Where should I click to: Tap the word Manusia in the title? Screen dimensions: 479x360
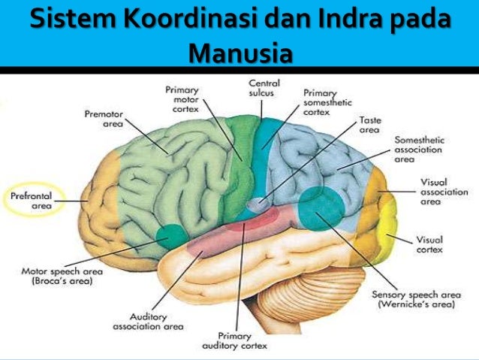pyautogui.click(x=239, y=53)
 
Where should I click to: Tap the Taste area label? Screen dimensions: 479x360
pyautogui.click(x=369, y=125)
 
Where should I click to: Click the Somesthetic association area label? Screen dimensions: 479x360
pyautogui.click(x=419, y=150)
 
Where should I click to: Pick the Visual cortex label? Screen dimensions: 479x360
pyautogui.click(x=429, y=244)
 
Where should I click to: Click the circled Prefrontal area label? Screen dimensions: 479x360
pyautogui.click(x=32, y=200)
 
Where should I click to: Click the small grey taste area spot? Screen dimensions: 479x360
pyautogui.click(x=259, y=203)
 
